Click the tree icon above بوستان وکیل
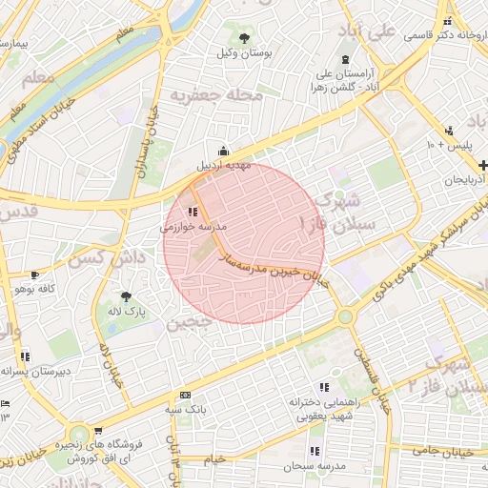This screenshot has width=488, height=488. [x=246, y=39]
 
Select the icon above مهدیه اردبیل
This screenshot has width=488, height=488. [x=224, y=150]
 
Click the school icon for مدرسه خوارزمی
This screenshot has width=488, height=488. [x=193, y=213]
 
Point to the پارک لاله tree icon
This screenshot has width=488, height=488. [x=126, y=296]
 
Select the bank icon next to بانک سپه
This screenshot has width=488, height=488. [x=185, y=395]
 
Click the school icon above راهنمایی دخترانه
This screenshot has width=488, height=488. [x=324, y=387]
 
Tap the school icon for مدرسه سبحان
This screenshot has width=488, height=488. [x=314, y=451]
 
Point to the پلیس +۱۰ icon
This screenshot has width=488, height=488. [x=448, y=131]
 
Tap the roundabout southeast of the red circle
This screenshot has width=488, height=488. [x=344, y=316]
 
